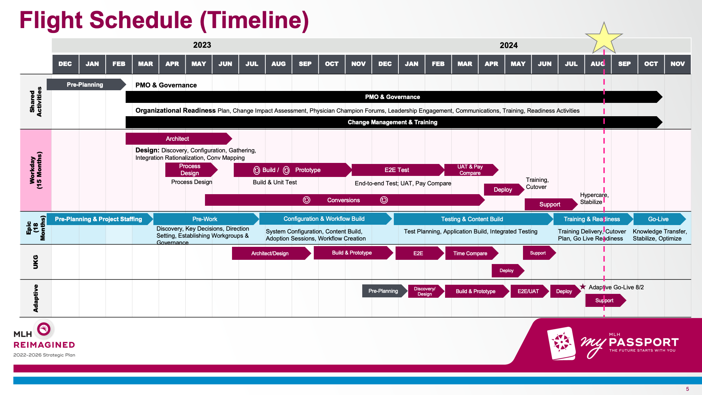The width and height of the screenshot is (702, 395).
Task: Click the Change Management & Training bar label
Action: point(392,122)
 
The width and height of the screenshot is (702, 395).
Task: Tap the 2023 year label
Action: point(202,45)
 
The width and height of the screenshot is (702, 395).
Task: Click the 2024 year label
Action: point(509,45)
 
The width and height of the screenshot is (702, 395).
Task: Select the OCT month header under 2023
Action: point(332,64)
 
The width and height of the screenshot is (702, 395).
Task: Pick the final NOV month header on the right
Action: point(677,64)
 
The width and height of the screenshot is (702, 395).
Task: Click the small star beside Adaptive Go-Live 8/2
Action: point(583,287)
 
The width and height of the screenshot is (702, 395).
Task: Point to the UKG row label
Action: point(35,262)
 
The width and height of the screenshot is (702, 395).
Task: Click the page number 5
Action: point(687,389)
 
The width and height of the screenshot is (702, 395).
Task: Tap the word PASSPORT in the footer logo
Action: point(644,342)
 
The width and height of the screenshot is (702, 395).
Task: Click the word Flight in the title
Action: point(51,20)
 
